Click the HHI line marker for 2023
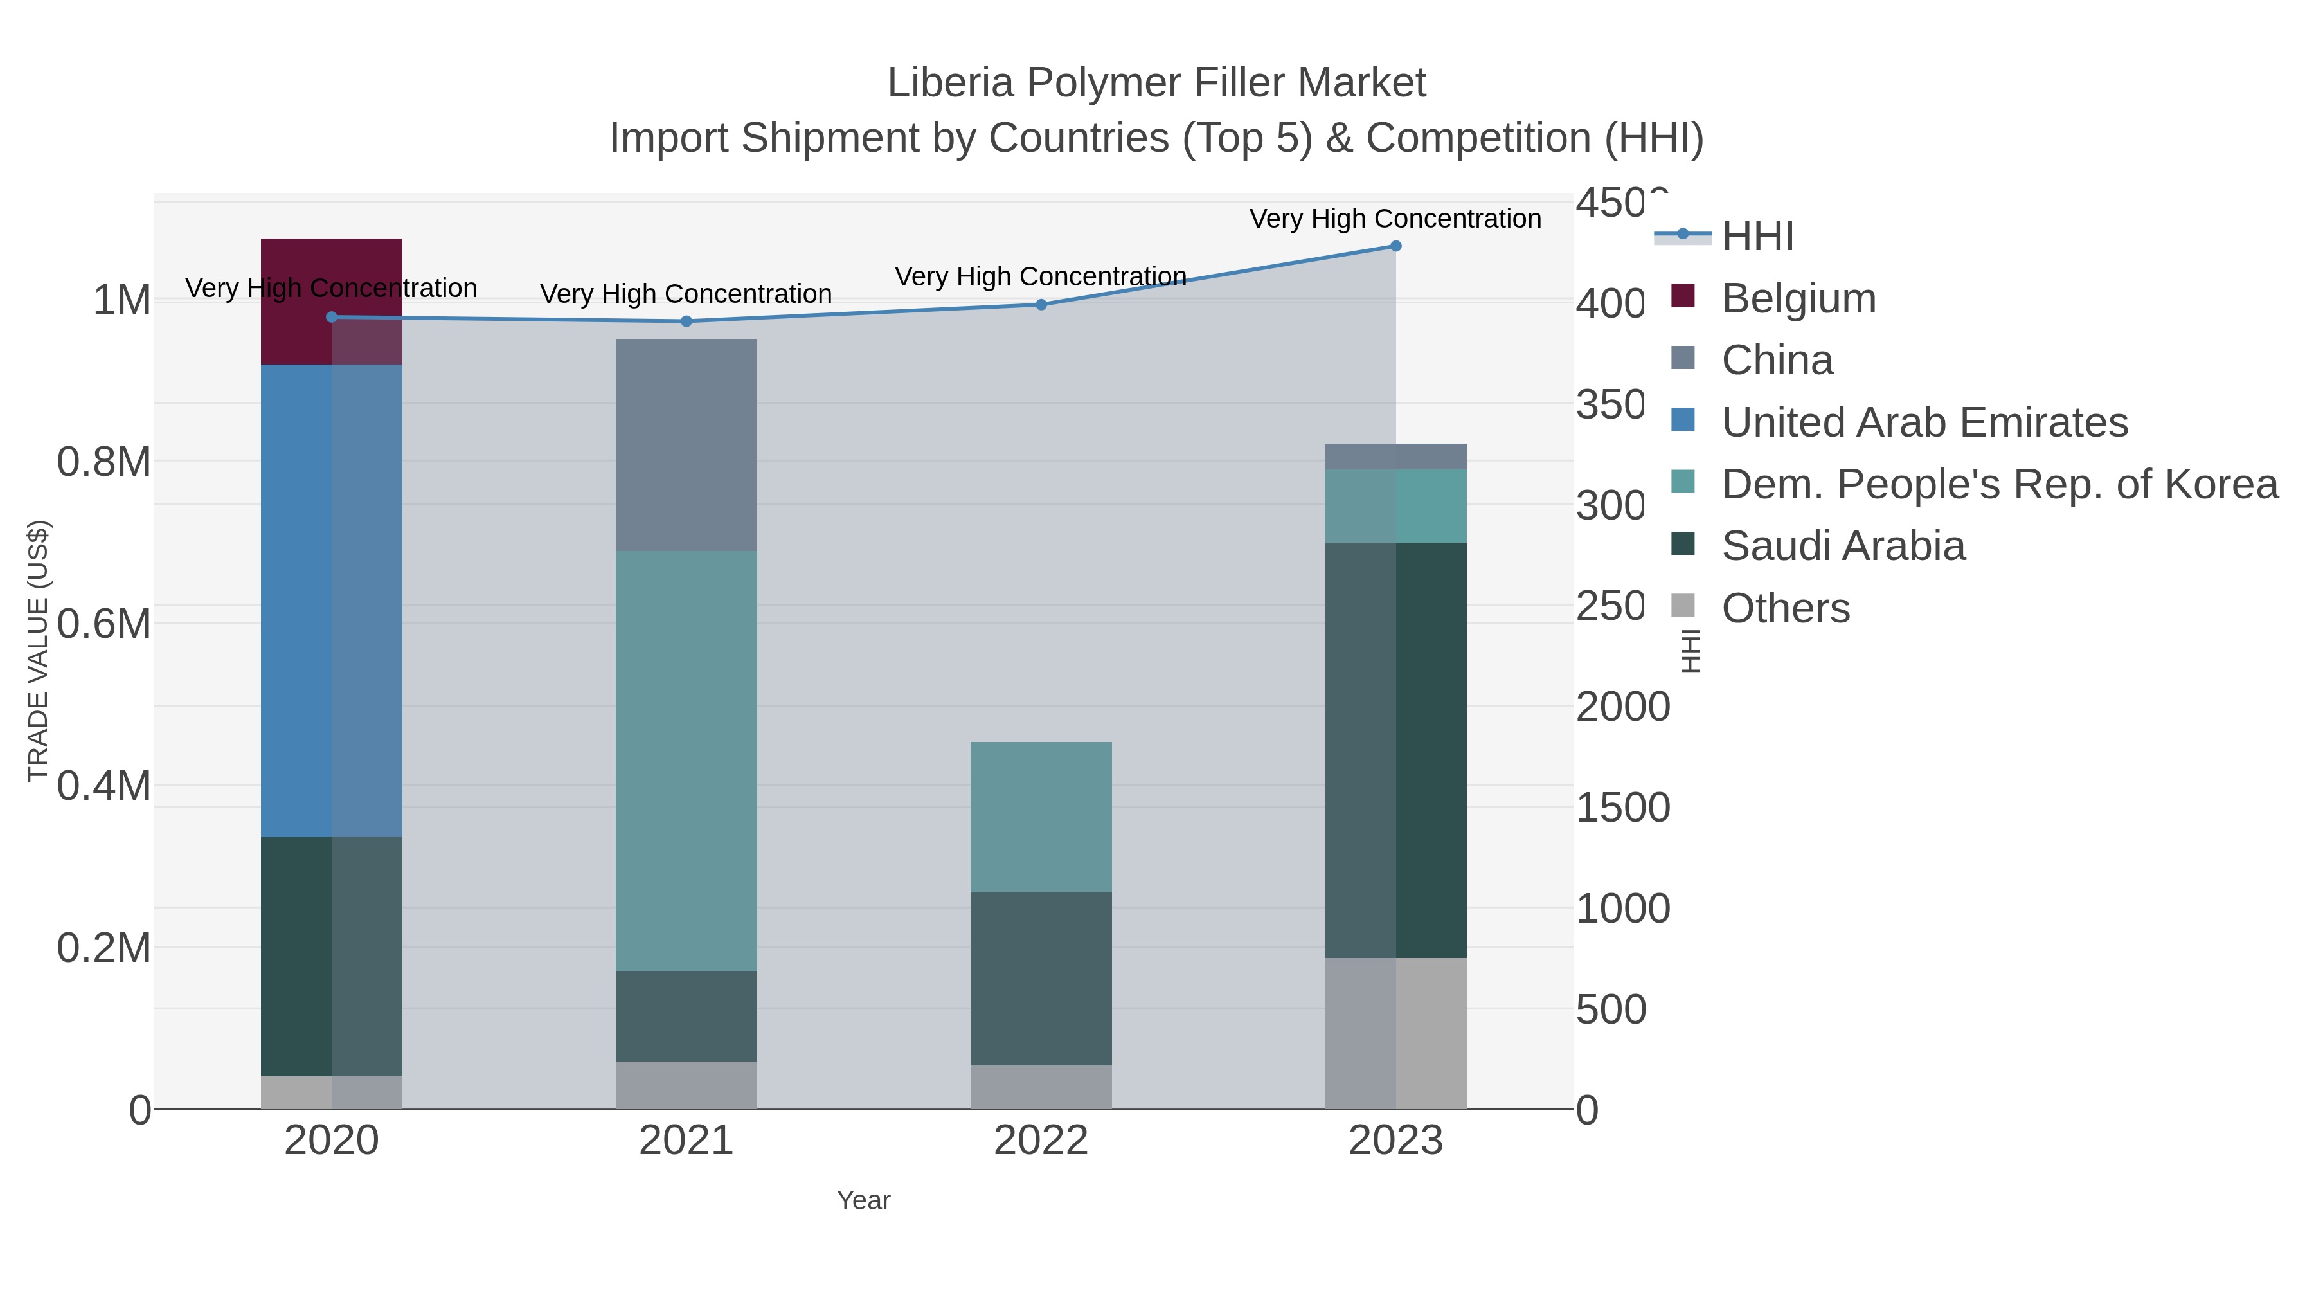tap(1395, 246)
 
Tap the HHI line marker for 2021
tap(686, 321)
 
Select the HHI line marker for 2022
tap(1041, 305)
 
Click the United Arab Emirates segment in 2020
tap(332, 601)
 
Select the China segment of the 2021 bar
tap(686, 445)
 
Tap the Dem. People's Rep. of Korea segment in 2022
tap(1041, 816)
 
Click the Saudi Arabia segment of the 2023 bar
tap(1395, 750)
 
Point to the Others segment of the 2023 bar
tap(1395, 1033)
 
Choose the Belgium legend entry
tap(1798, 298)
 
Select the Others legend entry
tap(1785, 608)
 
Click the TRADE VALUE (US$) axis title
tap(38, 651)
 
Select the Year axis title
tap(863, 1200)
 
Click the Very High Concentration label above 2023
tap(1395, 219)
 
